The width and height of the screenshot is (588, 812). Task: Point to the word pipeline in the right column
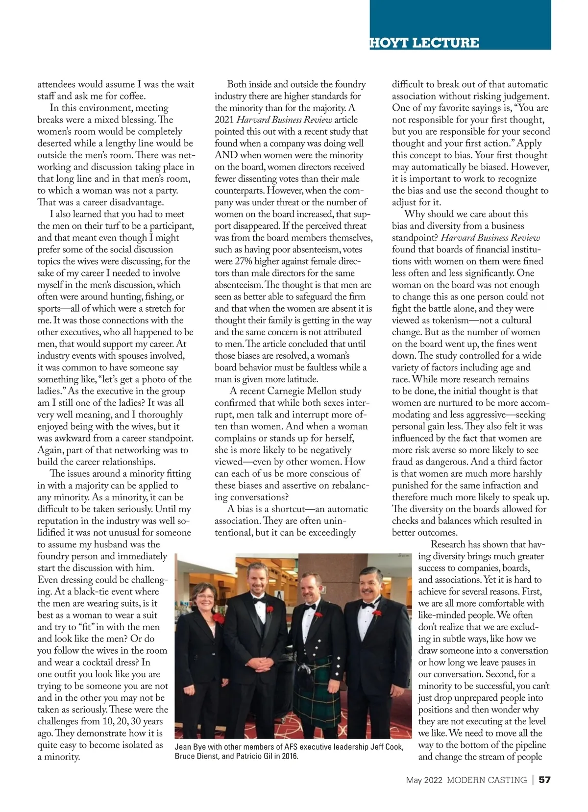point(528,745)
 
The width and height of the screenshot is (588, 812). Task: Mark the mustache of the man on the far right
point(368,594)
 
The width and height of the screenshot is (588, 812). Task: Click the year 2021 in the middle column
point(224,120)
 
